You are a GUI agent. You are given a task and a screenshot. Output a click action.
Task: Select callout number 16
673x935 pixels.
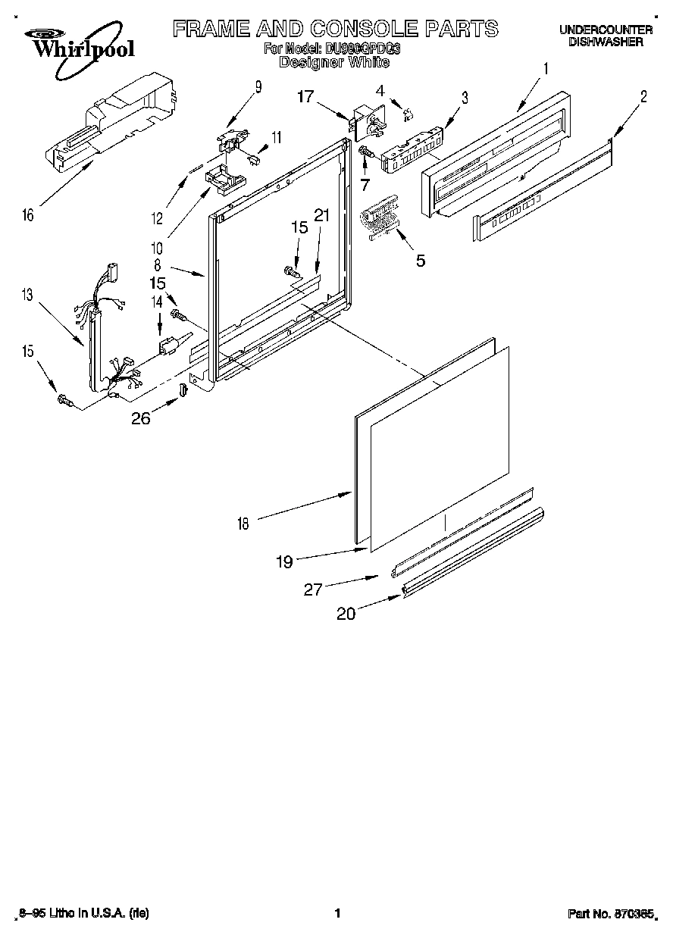coord(28,215)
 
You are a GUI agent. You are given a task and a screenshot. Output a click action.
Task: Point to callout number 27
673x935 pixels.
coord(313,589)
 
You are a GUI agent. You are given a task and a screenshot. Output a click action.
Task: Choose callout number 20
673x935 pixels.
coord(346,614)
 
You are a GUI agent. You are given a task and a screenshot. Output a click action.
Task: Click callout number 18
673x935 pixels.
coord(243,523)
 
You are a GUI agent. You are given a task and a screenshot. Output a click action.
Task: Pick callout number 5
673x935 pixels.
coord(420,261)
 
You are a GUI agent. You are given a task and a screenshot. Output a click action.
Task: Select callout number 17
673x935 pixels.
coord(305,96)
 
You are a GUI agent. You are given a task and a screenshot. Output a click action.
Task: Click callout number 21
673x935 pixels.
coord(322,216)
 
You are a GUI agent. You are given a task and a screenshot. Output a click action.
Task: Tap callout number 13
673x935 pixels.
coord(28,296)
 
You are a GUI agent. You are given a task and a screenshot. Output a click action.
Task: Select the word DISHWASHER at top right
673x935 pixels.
coord(606,42)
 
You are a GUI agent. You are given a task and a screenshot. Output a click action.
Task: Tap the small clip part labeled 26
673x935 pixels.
coord(183,390)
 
